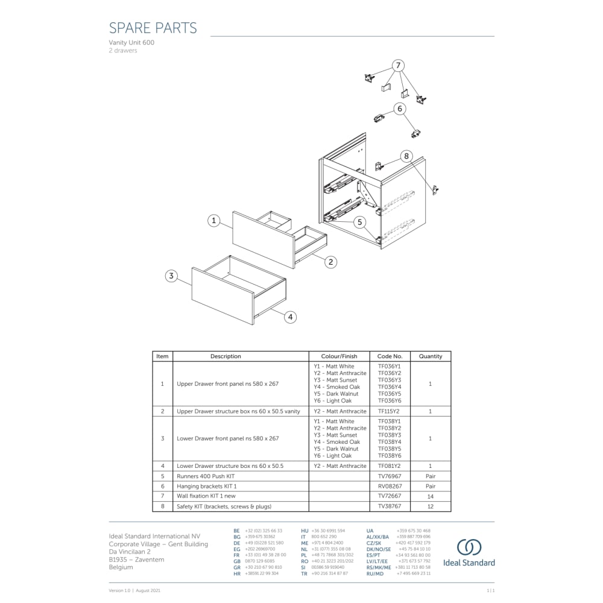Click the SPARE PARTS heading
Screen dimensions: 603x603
click(153, 28)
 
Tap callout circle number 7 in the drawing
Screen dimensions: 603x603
click(397, 65)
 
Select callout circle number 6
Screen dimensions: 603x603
click(400, 109)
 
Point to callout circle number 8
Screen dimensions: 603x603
click(406, 156)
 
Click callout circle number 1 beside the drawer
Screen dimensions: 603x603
click(213, 221)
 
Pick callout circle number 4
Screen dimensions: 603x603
click(290, 317)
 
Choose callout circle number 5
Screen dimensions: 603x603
click(360, 222)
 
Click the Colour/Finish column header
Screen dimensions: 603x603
click(339, 356)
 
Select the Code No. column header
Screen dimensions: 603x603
click(390, 356)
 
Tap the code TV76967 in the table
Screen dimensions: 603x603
click(390, 476)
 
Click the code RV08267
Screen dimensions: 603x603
click(390, 486)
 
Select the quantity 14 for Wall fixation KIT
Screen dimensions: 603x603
click(431, 496)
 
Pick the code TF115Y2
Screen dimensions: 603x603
click(390, 411)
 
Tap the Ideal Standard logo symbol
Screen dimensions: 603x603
click(469, 548)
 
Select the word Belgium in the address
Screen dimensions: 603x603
click(121, 567)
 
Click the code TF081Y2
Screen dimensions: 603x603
click(390, 466)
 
